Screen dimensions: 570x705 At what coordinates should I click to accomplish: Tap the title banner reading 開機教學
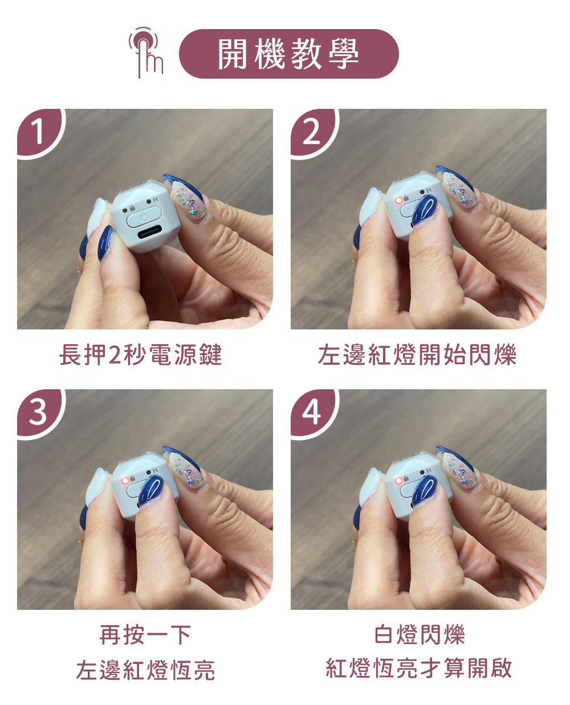288,54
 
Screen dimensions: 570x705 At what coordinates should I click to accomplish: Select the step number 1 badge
40,132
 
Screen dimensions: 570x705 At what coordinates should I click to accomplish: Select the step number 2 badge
313,132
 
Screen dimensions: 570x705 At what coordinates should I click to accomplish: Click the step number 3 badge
39,413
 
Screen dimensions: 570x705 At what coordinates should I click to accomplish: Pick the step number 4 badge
313,413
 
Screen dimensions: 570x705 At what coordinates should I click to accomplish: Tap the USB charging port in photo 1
149,233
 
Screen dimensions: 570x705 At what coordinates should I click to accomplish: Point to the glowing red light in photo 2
398,200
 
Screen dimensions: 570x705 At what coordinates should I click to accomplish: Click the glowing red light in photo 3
125,480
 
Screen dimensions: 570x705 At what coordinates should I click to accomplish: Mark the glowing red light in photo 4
398,480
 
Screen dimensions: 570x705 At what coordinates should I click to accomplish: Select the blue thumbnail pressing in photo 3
151,491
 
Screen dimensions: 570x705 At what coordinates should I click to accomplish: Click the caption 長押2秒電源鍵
140,355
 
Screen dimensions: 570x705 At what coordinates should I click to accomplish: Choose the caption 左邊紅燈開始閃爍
417,355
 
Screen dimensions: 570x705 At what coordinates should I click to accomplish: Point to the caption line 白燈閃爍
419,634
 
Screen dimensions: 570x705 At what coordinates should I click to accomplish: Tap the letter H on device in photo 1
155,200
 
